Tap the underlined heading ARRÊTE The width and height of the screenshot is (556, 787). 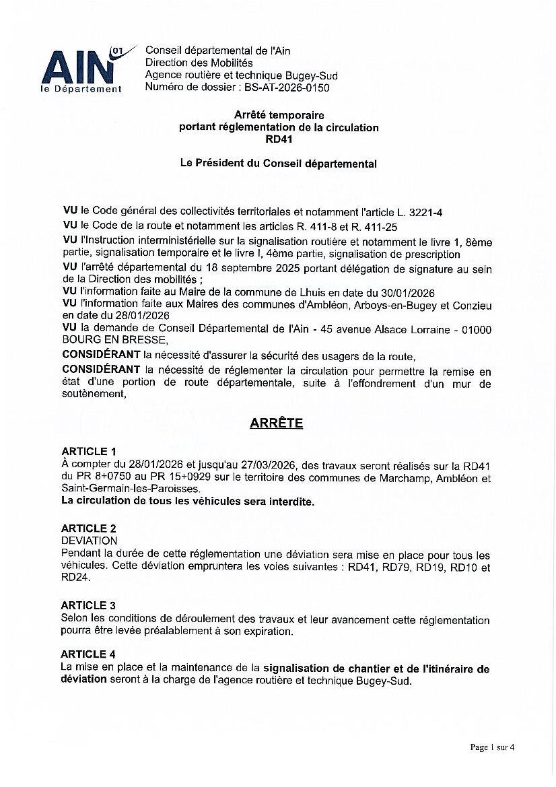click(x=276, y=423)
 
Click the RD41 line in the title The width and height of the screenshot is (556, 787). click(x=279, y=139)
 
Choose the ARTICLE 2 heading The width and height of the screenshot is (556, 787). click(x=89, y=528)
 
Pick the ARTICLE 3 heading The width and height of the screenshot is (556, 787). click(x=89, y=606)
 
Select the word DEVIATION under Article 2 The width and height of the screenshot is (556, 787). click(x=89, y=541)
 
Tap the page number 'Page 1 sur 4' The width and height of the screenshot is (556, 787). click(x=492, y=747)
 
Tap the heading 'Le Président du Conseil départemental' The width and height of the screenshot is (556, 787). click(x=279, y=164)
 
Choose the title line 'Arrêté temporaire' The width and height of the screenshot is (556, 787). click(x=279, y=115)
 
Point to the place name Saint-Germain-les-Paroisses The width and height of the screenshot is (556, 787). click(x=130, y=489)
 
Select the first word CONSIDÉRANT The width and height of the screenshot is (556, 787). click(x=101, y=355)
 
